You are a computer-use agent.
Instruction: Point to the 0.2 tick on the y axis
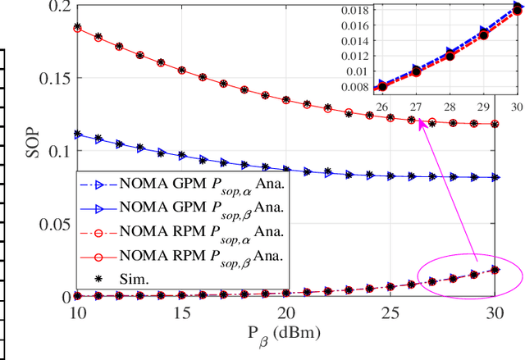57,7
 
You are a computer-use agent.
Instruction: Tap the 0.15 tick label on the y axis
53,79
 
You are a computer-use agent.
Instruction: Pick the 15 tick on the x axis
182,314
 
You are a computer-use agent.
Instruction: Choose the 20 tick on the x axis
286,314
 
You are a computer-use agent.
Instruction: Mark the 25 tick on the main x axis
390,314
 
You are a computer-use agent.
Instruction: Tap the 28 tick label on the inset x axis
450,107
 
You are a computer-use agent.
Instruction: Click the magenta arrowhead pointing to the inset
420,122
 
